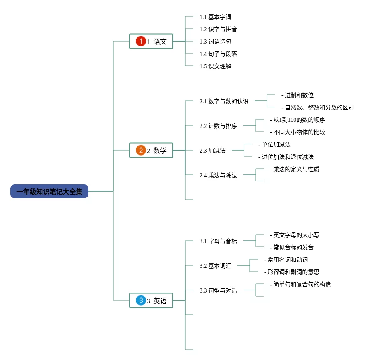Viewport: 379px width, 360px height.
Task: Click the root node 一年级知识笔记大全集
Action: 49,192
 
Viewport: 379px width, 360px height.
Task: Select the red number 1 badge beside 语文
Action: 141,41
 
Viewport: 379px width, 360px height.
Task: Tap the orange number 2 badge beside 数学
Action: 141,150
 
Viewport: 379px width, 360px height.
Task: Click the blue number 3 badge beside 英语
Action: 141,300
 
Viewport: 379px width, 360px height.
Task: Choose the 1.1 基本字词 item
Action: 215,17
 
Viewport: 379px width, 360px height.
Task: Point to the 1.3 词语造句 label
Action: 215,42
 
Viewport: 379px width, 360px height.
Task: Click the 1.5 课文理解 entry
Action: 215,66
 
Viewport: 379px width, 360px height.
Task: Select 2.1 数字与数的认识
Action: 224,101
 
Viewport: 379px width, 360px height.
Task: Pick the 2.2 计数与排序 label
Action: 218,126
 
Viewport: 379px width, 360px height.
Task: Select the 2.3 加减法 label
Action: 212,151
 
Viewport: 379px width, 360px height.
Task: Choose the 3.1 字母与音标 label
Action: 218,241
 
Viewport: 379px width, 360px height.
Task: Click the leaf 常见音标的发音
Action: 293,247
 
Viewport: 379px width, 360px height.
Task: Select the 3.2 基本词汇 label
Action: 215,266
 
